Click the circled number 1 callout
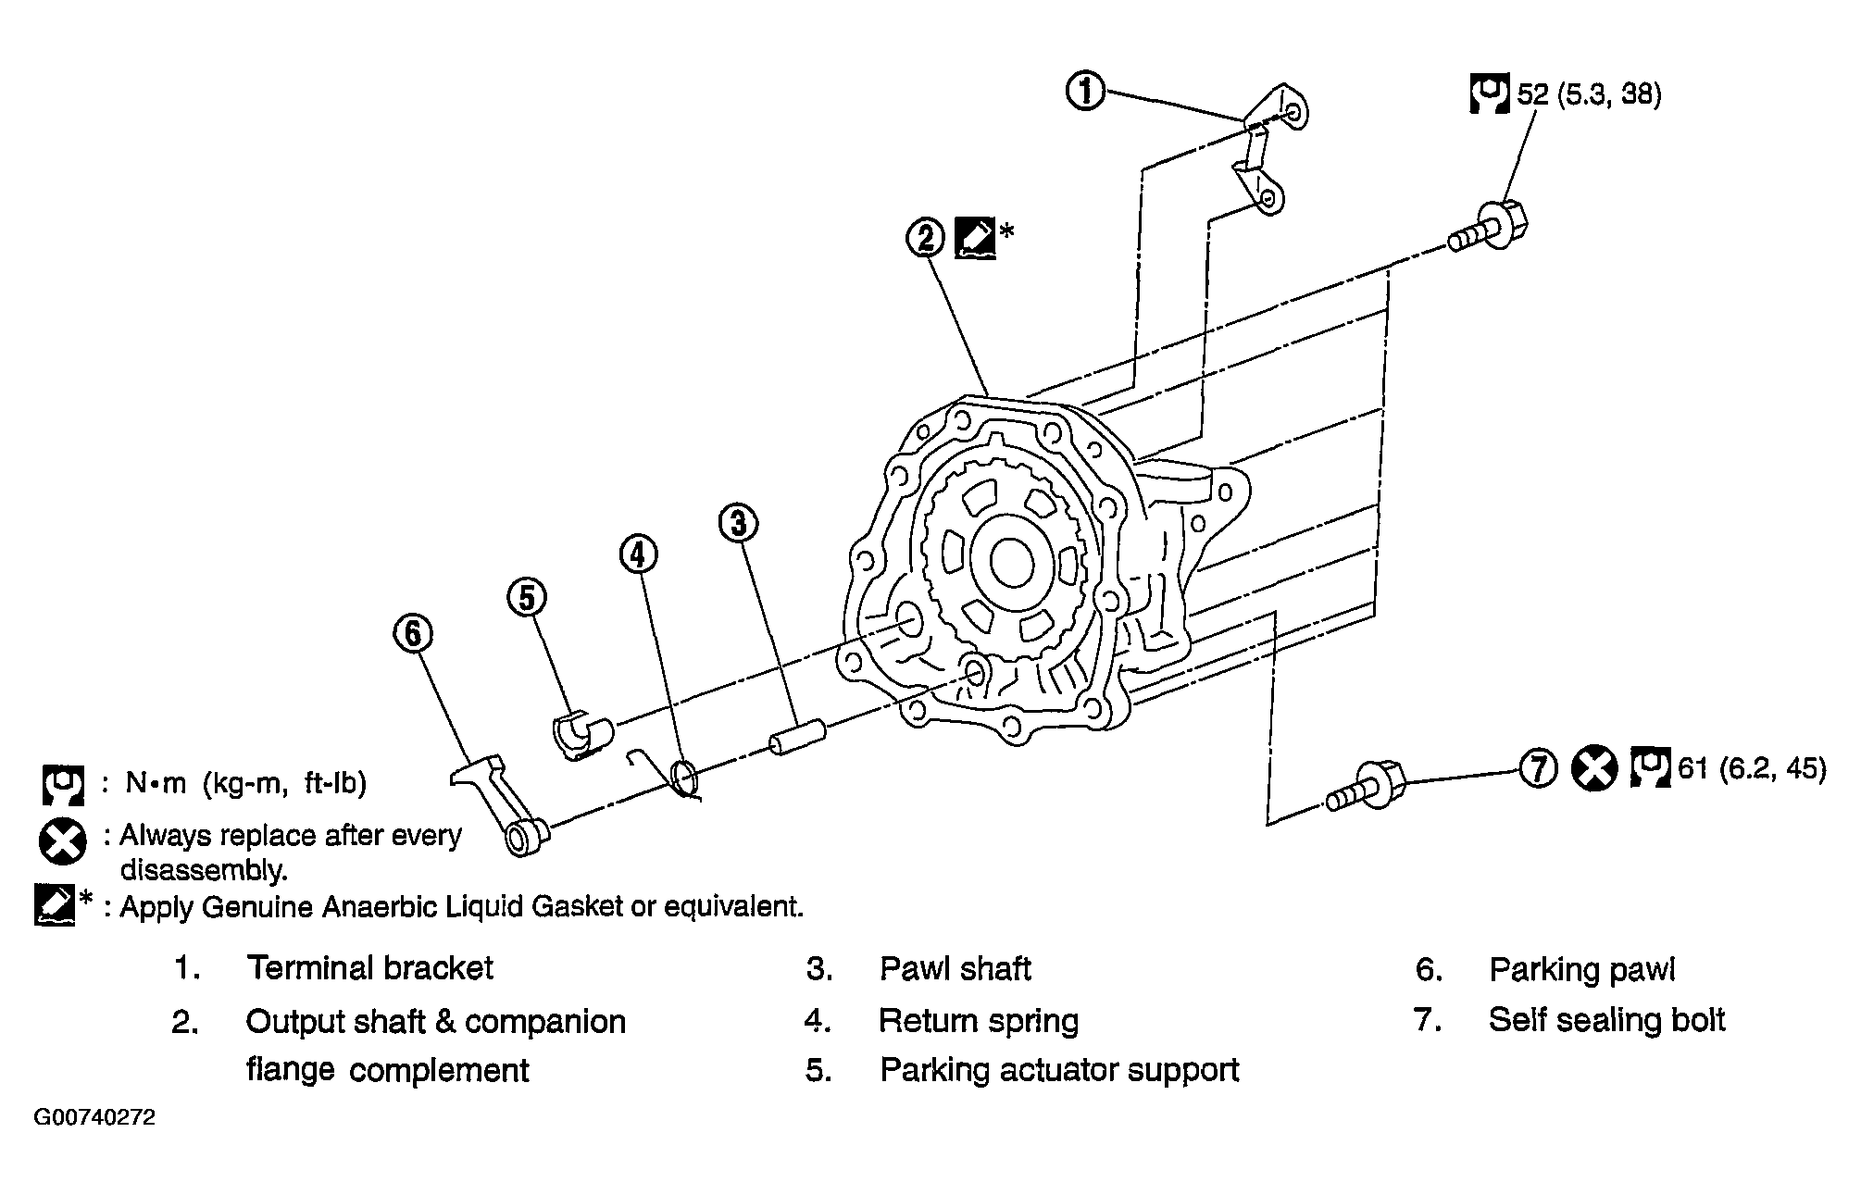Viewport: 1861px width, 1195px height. (1086, 93)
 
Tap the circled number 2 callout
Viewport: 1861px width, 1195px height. (926, 239)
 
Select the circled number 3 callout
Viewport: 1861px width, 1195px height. (738, 524)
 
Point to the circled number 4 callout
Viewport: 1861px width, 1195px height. (638, 554)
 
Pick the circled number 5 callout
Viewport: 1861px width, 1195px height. (527, 598)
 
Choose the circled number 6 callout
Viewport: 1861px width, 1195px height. (413, 633)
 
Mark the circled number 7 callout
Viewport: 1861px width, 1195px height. (1538, 769)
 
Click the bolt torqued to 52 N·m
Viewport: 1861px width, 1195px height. (1488, 228)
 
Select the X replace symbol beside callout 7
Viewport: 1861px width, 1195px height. (1594, 769)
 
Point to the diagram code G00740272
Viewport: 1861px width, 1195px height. (95, 1117)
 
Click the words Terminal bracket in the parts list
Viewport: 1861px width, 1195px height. (369, 968)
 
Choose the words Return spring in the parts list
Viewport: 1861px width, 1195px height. (979, 1021)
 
